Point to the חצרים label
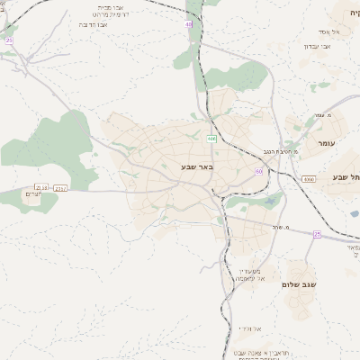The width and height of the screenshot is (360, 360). (34, 195)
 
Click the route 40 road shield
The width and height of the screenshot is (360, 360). (189, 24)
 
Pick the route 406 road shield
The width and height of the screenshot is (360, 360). (210, 139)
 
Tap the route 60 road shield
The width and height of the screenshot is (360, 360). (259, 171)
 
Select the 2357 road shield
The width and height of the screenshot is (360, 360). (61, 188)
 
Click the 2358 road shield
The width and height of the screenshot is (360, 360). (41, 187)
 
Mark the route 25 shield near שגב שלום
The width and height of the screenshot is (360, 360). (317, 234)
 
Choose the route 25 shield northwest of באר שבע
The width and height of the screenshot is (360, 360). (9, 40)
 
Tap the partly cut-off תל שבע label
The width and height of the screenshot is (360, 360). (346, 177)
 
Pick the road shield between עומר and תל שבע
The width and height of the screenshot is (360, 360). (309, 179)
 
